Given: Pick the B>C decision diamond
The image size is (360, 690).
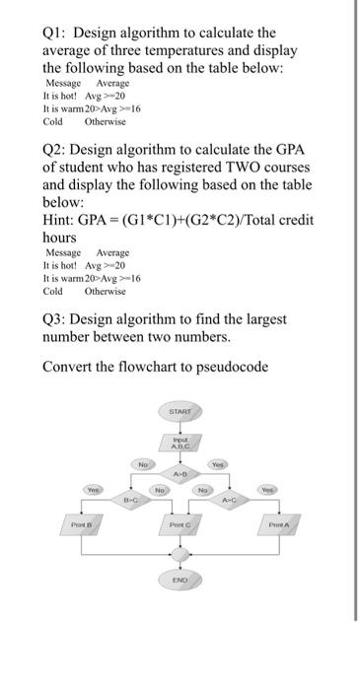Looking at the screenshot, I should [128, 499].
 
